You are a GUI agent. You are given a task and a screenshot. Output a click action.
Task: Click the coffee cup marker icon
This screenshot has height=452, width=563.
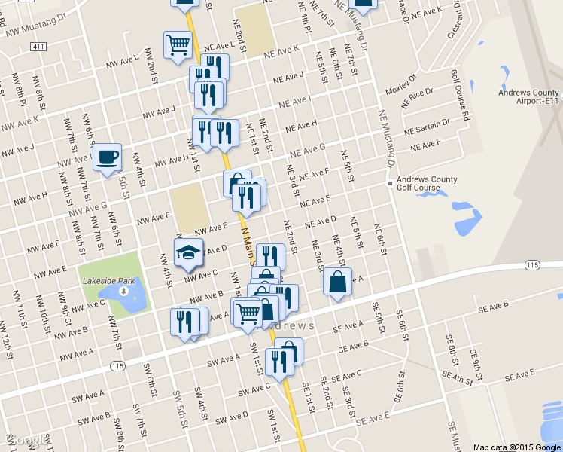tap(108, 157)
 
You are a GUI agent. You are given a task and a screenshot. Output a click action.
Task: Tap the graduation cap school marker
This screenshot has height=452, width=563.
tap(188, 252)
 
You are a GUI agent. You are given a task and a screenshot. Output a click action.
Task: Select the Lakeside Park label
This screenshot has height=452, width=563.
tap(109, 281)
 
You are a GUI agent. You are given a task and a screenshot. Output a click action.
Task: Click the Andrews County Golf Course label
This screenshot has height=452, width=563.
tap(428, 183)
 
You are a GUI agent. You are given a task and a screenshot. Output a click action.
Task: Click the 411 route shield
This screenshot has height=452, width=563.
tap(39, 47)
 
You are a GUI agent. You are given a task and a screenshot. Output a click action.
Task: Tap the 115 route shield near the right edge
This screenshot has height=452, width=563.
tap(533, 265)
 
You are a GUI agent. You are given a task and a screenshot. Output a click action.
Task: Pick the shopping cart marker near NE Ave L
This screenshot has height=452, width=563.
tap(178, 44)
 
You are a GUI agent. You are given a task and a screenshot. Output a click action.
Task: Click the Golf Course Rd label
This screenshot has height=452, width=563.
tap(460, 96)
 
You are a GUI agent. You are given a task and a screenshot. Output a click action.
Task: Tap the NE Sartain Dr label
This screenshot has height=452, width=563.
tap(427, 125)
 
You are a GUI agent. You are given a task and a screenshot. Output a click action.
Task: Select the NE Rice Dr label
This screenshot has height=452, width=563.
tap(418, 98)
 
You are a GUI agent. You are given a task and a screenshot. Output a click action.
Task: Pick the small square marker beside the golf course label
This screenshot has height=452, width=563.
tap(390, 183)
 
